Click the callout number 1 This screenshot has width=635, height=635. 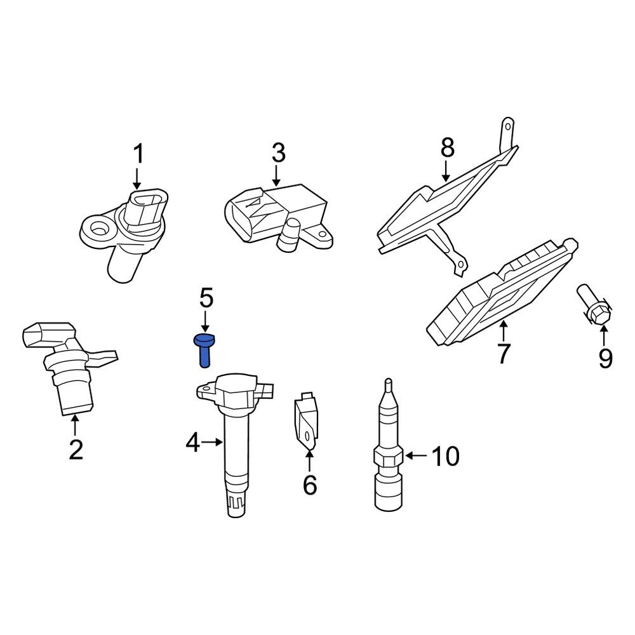click(138, 154)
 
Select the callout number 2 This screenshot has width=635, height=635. click(76, 449)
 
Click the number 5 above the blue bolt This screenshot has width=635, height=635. click(206, 298)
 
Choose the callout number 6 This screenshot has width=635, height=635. click(310, 485)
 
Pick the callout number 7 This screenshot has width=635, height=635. click(503, 354)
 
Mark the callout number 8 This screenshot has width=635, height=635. click(448, 147)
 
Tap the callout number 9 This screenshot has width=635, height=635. click(605, 358)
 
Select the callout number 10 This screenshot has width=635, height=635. click(446, 456)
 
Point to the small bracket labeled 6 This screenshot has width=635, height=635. click(306, 421)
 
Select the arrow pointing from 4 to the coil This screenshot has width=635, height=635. click(212, 442)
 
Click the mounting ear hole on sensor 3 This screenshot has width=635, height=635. click(323, 235)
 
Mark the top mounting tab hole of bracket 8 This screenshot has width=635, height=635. click(508, 127)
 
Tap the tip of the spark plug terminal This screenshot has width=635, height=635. click(388, 380)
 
